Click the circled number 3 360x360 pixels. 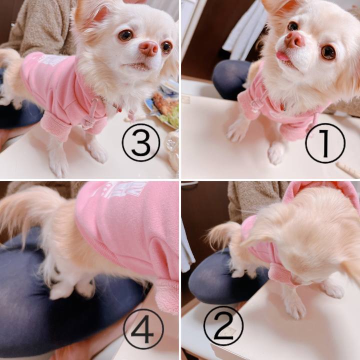click(141, 142)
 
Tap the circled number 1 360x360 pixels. click(325, 143)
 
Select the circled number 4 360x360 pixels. click(143, 329)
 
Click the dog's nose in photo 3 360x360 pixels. click(149, 48)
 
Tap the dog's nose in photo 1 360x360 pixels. click(295, 39)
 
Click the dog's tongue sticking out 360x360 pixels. click(283, 56)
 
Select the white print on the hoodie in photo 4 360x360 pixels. click(121, 189)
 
